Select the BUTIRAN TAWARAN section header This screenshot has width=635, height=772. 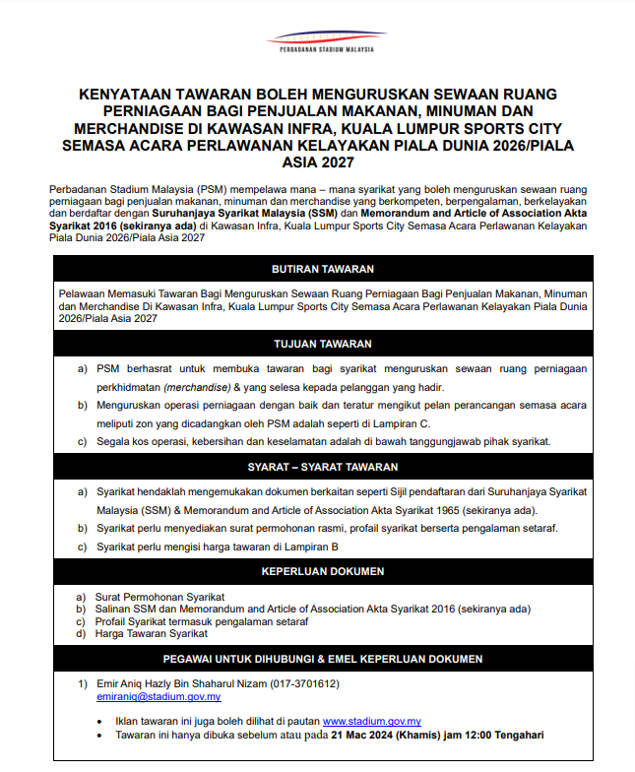(322, 269)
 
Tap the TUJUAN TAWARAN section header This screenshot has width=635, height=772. (322, 344)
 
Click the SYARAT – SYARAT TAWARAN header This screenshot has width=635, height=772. (322, 467)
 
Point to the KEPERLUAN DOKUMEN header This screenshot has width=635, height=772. (322, 571)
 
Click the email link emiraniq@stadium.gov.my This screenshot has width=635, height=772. (159, 696)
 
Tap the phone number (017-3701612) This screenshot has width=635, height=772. (296, 683)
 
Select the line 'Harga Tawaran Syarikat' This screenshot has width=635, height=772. (152, 634)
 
